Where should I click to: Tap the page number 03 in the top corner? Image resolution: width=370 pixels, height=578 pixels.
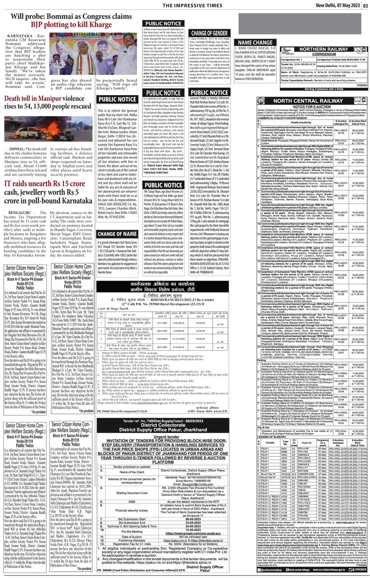365,5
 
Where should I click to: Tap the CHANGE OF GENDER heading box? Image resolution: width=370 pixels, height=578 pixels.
209,33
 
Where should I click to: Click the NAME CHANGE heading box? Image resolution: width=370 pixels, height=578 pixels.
255,42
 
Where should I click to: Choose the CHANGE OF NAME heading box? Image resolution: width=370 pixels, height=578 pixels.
117,234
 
